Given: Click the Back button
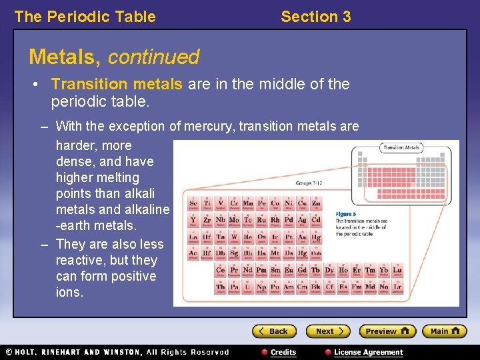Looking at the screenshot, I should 273,331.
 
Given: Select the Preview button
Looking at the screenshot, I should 387,331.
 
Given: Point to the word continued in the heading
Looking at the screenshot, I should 153,57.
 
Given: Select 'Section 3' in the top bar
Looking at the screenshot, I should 315,17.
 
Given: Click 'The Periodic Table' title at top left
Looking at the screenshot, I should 85,17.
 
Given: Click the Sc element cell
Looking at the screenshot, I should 193,203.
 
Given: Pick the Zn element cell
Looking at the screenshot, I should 316,203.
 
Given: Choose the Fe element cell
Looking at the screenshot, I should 261,203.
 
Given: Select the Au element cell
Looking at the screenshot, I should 302,237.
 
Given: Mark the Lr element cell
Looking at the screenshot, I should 397,287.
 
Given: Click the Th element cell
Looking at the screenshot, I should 221,287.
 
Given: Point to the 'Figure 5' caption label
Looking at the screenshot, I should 346,214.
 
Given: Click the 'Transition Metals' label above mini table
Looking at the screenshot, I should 401,147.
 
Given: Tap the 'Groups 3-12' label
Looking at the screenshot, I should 310,183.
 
